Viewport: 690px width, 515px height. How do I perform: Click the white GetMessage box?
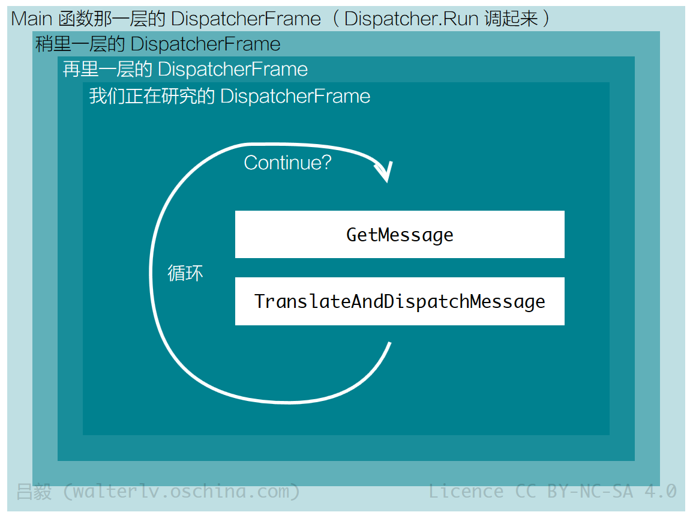point(400,234)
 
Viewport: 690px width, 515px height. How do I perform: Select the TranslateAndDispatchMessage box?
point(400,301)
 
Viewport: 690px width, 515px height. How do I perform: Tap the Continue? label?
point(287,163)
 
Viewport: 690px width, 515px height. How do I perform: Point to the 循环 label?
point(185,273)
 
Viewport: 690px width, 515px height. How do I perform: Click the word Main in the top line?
point(32,19)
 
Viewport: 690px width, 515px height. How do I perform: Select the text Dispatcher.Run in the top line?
point(411,19)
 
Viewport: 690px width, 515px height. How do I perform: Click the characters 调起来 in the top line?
point(511,19)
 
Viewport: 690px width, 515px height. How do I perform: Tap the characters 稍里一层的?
point(80,44)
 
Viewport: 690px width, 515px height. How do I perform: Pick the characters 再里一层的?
point(107,69)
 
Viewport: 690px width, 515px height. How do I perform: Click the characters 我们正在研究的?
point(152,96)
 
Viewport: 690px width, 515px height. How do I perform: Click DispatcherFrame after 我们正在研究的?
point(295,96)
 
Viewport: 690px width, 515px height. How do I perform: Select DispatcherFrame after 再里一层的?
point(233,69)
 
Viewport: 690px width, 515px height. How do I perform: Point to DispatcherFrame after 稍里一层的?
point(206,44)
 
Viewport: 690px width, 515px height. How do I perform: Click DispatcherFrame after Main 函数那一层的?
point(246,19)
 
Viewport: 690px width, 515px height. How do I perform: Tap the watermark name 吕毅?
point(34,492)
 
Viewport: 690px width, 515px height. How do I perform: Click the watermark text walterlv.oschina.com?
point(181,492)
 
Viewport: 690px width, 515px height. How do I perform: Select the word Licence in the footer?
point(466,491)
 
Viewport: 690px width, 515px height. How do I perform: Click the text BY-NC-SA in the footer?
point(590,491)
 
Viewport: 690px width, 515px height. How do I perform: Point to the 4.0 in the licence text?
point(661,491)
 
